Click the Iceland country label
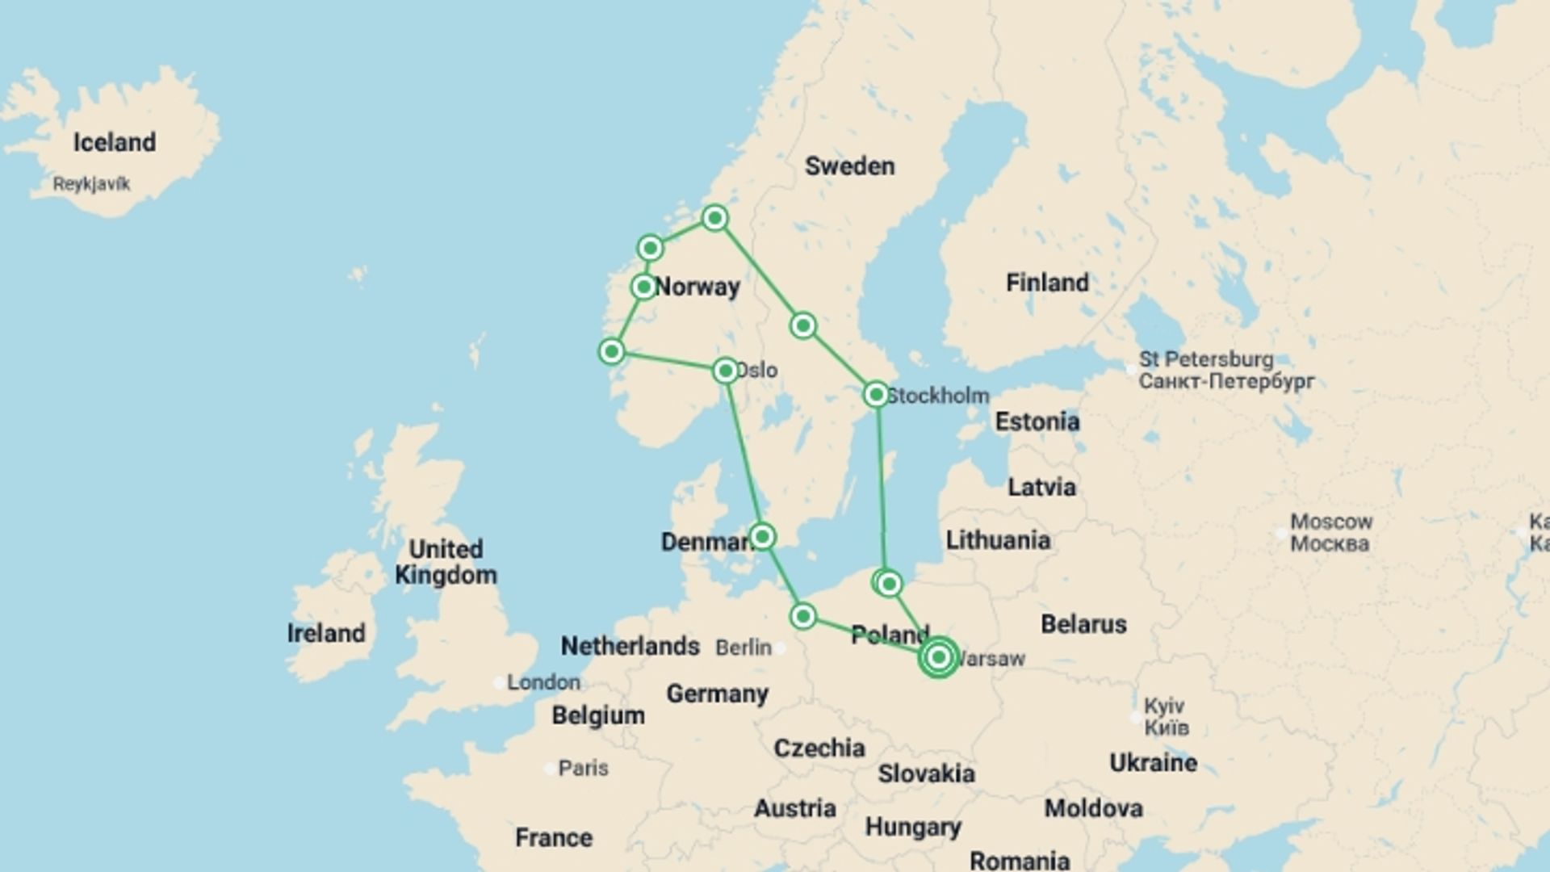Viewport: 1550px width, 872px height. pyautogui.click(x=115, y=142)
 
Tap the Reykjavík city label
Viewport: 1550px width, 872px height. pyautogui.click(x=91, y=184)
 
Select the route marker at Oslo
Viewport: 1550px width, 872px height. pyautogui.click(x=726, y=371)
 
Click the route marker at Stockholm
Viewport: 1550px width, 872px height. pyautogui.click(x=876, y=395)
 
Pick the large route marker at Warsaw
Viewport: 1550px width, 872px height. pyautogui.click(x=938, y=657)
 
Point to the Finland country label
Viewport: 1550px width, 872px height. pyautogui.click(x=1047, y=283)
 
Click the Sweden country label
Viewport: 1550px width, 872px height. pyautogui.click(x=849, y=166)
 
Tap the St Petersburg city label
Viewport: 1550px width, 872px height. pyautogui.click(x=1206, y=359)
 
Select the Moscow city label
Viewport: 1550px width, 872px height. pyautogui.click(x=1330, y=522)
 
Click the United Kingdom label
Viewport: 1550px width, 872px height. pyautogui.click(x=446, y=562)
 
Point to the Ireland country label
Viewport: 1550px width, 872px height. pyautogui.click(x=326, y=633)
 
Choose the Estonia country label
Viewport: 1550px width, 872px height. pyautogui.click(x=1037, y=421)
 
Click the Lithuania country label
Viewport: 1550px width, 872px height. pyautogui.click(x=998, y=540)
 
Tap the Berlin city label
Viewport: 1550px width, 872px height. pyautogui.click(x=744, y=648)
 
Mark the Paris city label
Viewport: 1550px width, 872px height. pyautogui.click(x=583, y=768)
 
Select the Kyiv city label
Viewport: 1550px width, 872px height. pyautogui.click(x=1164, y=706)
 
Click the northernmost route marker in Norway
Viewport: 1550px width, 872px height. pyautogui.click(x=714, y=218)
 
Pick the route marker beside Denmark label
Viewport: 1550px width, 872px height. pyautogui.click(x=762, y=537)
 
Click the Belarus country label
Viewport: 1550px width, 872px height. pyautogui.click(x=1083, y=624)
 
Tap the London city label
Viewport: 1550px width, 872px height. pyautogui.click(x=543, y=682)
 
